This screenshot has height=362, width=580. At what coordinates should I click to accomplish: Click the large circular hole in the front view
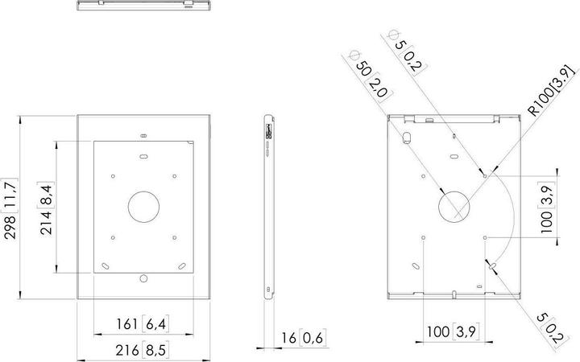(x=144, y=208)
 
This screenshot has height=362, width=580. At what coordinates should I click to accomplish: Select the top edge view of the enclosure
(x=144, y=6)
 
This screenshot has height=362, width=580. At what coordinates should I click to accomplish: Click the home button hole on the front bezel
(x=144, y=278)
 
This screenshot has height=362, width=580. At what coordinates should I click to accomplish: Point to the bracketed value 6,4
(x=154, y=324)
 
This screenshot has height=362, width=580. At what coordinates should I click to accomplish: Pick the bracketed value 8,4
(x=48, y=195)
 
